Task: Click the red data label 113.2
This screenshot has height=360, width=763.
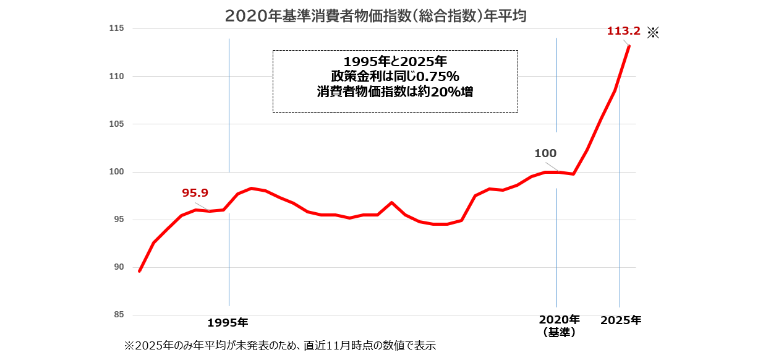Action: pos(623,31)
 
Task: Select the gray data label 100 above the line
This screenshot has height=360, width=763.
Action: pos(545,153)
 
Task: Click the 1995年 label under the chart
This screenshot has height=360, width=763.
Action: pos(228,322)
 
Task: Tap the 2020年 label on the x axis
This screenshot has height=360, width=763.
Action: pos(559,320)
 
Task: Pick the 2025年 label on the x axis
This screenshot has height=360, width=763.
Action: pos(621,320)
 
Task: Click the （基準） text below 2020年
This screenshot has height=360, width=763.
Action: pos(559,332)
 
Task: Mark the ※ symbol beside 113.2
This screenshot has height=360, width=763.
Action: pos(653,32)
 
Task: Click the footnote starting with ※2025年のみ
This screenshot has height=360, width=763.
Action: pos(280,345)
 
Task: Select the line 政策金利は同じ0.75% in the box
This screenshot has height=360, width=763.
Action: pos(394,76)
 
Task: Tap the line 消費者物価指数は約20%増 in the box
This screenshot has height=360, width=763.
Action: pos(394,91)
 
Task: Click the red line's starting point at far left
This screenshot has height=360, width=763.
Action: pos(140,271)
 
